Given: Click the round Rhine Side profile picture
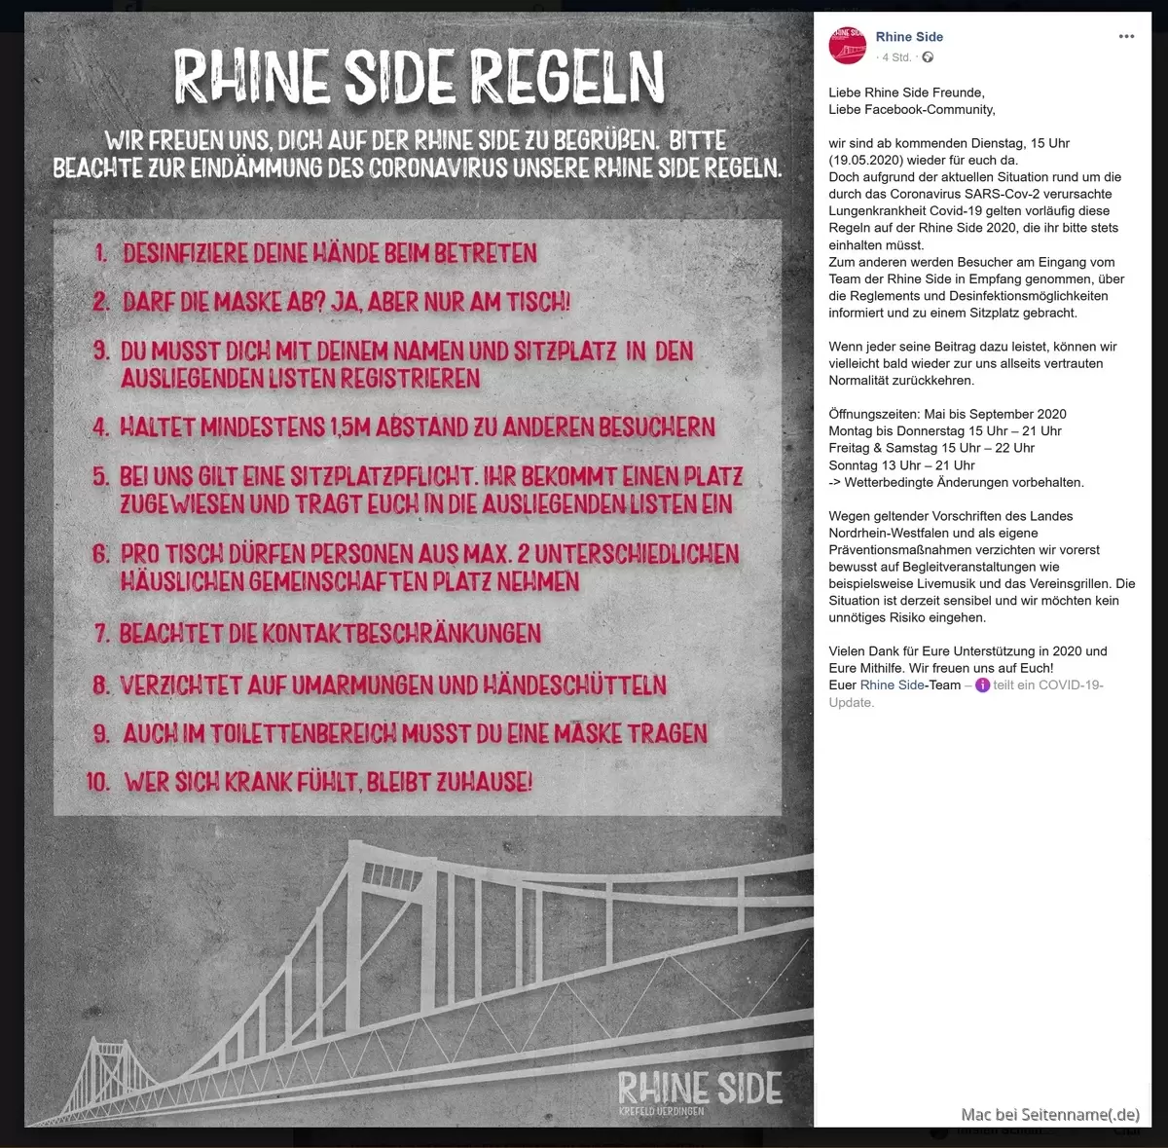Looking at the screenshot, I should pos(847,46).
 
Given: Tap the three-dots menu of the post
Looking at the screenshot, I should pos(1126,37).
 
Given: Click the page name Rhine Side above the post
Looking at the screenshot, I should pos(909,37).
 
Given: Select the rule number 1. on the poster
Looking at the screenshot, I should pos(100,254).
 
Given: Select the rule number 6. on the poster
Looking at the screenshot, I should pos(101,554).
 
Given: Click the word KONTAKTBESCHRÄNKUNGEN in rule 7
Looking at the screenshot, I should pos(401,634).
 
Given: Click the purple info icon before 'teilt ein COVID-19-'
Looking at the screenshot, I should pos(982,685).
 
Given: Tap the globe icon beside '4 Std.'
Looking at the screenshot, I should pos(928,57).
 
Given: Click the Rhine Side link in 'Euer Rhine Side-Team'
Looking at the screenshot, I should pos(892,685).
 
